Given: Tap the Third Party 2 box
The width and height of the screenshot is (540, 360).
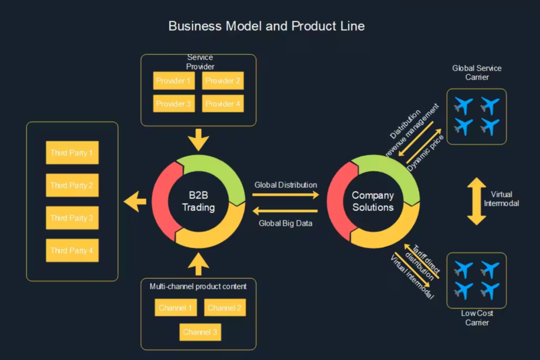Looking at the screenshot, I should pyautogui.click(x=72, y=185).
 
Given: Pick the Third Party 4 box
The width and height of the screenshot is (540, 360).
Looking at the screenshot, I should pyautogui.click(x=72, y=250).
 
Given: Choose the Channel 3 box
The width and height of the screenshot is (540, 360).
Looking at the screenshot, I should pyautogui.click(x=200, y=332).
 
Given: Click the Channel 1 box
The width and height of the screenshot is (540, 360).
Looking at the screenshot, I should pyautogui.click(x=176, y=308).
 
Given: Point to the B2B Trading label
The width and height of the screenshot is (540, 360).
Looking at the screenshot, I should pyautogui.click(x=198, y=201).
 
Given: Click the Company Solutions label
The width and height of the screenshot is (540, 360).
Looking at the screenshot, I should pyautogui.click(x=373, y=201).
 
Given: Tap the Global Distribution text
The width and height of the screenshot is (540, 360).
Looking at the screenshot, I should pyautogui.click(x=285, y=185).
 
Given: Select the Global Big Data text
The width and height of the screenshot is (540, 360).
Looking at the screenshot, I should pyautogui.click(x=285, y=223).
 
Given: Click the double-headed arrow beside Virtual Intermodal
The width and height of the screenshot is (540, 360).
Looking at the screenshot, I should pyautogui.click(x=476, y=201).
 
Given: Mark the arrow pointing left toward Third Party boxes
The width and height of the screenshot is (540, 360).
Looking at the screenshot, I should pyautogui.click(x=134, y=201).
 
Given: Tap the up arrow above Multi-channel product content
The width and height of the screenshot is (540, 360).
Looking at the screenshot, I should pyautogui.click(x=198, y=264).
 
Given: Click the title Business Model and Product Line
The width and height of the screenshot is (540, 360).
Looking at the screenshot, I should pyautogui.click(x=266, y=26).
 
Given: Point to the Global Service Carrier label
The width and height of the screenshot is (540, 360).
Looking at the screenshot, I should pyautogui.click(x=477, y=73).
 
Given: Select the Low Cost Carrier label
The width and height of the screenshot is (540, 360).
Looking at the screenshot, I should pyautogui.click(x=477, y=318).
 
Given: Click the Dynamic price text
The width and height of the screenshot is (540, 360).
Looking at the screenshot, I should pyautogui.click(x=426, y=153).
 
